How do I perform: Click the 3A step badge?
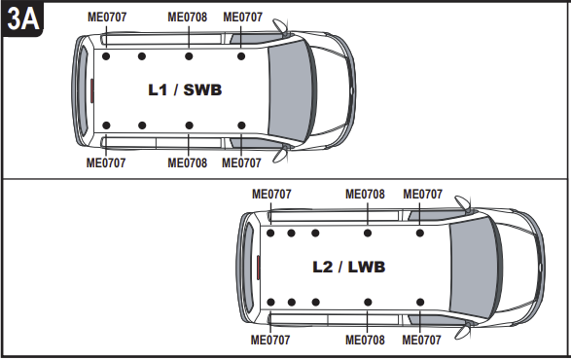click(x=22, y=18)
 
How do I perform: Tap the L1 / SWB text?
click(x=185, y=90)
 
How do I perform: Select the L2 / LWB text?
click(x=349, y=268)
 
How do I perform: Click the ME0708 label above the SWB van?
click(x=187, y=18)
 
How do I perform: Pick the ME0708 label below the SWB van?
click(x=187, y=162)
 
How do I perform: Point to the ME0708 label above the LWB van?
click(x=365, y=195)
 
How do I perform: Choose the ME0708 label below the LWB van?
click(x=365, y=340)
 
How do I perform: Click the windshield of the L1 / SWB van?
click(x=292, y=90)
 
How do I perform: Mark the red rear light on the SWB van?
click(x=92, y=90)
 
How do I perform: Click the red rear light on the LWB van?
click(x=258, y=268)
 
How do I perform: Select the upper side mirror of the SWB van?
click(x=280, y=25)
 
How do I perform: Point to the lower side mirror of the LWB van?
click(x=463, y=331)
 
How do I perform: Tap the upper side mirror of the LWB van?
click(x=463, y=203)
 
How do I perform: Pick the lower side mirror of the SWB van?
click(x=280, y=155)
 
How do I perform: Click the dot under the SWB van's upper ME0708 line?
click(x=189, y=56)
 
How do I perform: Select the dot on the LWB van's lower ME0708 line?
click(x=368, y=302)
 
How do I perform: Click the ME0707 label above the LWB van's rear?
click(x=271, y=195)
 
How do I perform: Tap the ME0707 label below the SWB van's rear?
click(x=106, y=162)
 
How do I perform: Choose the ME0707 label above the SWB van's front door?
click(x=242, y=18)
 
